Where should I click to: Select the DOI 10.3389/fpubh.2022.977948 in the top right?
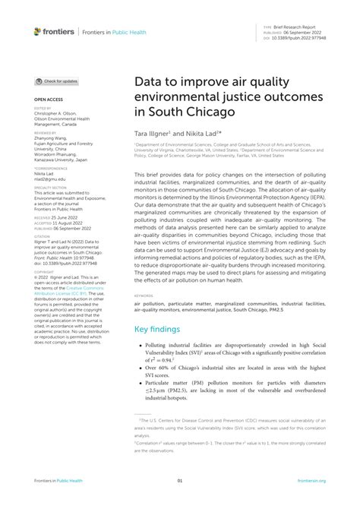point(299,38)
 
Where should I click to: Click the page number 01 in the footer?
point(180,480)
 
